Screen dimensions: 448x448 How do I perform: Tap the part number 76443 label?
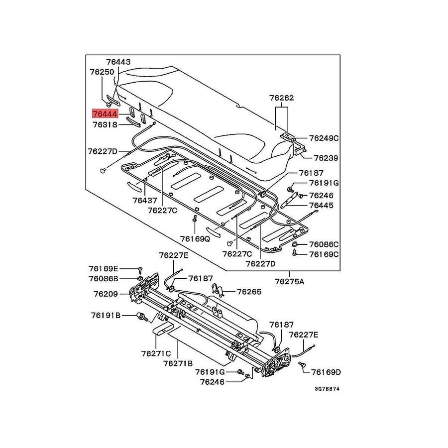point(117,62)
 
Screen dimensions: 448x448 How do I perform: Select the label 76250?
point(102,72)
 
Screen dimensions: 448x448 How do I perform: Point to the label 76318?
point(105,124)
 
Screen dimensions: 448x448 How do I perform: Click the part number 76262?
point(281,98)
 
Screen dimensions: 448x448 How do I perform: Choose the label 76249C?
point(324,138)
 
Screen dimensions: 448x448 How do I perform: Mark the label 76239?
point(326,158)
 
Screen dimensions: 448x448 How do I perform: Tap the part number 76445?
point(321,205)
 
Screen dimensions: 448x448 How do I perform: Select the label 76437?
point(145,201)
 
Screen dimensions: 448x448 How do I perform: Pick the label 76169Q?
point(195,238)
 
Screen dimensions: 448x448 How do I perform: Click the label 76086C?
point(324,244)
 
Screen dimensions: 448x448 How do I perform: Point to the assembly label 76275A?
point(289,281)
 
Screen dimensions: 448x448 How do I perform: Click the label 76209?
point(106,294)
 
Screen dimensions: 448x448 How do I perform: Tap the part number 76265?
point(249,292)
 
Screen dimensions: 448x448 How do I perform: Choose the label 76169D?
point(326,371)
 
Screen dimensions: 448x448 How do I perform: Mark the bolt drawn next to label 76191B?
point(141,316)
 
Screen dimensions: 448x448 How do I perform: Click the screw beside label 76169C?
point(295,253)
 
